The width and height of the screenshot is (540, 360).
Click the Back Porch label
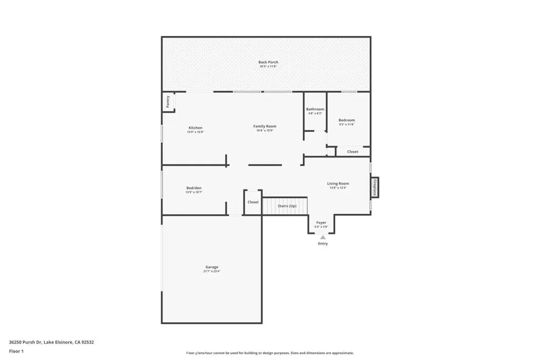(268, 62)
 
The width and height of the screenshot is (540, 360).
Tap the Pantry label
(168, 102)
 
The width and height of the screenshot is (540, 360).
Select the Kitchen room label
(195, 128)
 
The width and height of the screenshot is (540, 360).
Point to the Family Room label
(265, 126)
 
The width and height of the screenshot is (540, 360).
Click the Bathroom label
(315, 109)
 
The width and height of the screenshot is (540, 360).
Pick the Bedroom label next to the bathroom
(346, 120)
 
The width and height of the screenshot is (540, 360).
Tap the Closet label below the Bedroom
(352, 152)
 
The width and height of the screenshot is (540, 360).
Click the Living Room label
(338, 183)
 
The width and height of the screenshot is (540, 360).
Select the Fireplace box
(375, 187)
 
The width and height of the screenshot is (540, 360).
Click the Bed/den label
(194, 188)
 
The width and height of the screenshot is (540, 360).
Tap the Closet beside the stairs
(253, 202)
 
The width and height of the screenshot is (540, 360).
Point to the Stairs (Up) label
(287, 206)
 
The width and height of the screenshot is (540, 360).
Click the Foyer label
(321, 222)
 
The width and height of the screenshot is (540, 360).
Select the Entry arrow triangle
(323, 237)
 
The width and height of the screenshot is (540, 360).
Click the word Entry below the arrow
(323, 244)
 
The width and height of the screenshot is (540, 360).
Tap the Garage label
(211, 267)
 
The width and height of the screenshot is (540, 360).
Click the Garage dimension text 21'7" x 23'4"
(211, 271)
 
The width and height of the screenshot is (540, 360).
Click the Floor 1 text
(16, 351)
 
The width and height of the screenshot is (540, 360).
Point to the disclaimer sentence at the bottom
(269, 353)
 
